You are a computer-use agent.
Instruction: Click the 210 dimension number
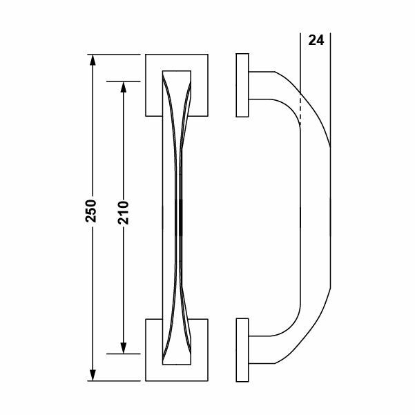(126, 213)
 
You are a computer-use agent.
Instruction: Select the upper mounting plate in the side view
(242, 85)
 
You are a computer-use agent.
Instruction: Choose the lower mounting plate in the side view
(242, 349)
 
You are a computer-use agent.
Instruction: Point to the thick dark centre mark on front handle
(179, 218)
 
